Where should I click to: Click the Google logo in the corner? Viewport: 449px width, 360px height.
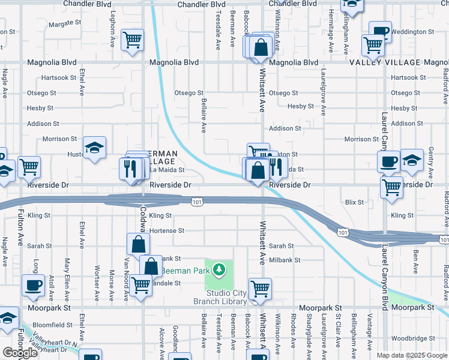click(x=20, y=353)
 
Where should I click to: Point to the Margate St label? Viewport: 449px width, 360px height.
click(x=65, y=23)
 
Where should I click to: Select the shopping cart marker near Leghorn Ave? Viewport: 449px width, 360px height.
click(x=131, y=40)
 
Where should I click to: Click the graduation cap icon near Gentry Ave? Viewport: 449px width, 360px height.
click(x=412, y=160)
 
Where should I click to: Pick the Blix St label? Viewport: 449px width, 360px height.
click(x=354, y=202)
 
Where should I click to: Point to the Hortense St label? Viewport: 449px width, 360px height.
click(x=166, y=230)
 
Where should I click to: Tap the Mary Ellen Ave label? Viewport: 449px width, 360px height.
click(x=68, y=279)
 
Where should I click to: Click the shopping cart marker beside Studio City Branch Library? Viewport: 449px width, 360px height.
click(x=260, y=289)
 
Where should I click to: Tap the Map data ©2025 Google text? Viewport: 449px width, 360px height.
click(x=412, y=355)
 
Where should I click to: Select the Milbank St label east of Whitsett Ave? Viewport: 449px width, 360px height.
click(x=284, y=260)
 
